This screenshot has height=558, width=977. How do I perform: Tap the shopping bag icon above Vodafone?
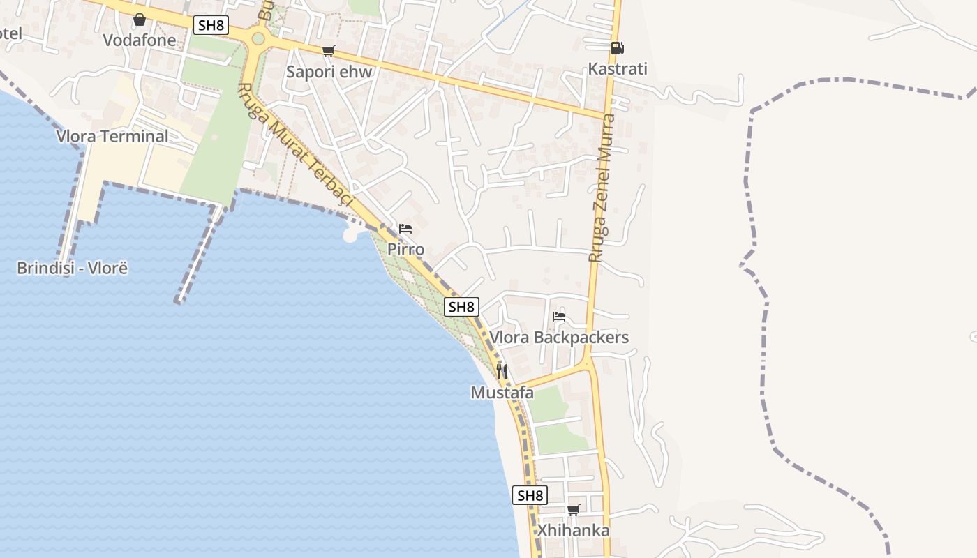[x=140, y=20]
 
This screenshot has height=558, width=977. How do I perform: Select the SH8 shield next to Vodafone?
[x=211, y=26]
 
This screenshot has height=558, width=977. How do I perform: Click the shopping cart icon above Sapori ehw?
[x=329, y=51]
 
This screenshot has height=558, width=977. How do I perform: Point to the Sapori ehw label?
[x=329, y=72]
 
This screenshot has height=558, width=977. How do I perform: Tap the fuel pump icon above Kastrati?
[x=617, y=48]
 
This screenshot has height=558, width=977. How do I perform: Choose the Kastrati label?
[x=618, y=69]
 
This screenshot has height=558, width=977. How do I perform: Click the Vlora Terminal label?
[x=112, y=136]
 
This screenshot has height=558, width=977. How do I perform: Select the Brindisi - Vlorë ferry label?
[x=73, y=268]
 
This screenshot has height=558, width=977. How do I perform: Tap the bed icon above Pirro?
[x=405, y=229]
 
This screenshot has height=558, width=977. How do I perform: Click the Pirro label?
[x=405, y=249]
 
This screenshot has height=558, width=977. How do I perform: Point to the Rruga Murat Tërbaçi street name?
[x=296, y=147]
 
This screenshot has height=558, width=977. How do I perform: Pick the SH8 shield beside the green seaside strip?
[x=461, y=306]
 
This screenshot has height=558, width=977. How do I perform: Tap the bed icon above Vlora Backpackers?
[x=559, y=317]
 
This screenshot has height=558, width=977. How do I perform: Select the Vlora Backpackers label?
[x=559, y=338]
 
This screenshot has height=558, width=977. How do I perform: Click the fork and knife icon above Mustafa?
[x=502, y=371]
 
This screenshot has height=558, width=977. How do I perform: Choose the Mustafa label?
[x=502, y=393]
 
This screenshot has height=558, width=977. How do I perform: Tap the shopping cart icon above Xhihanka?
[x=574, y=510]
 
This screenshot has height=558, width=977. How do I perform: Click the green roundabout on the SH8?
[x=258, y=38]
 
